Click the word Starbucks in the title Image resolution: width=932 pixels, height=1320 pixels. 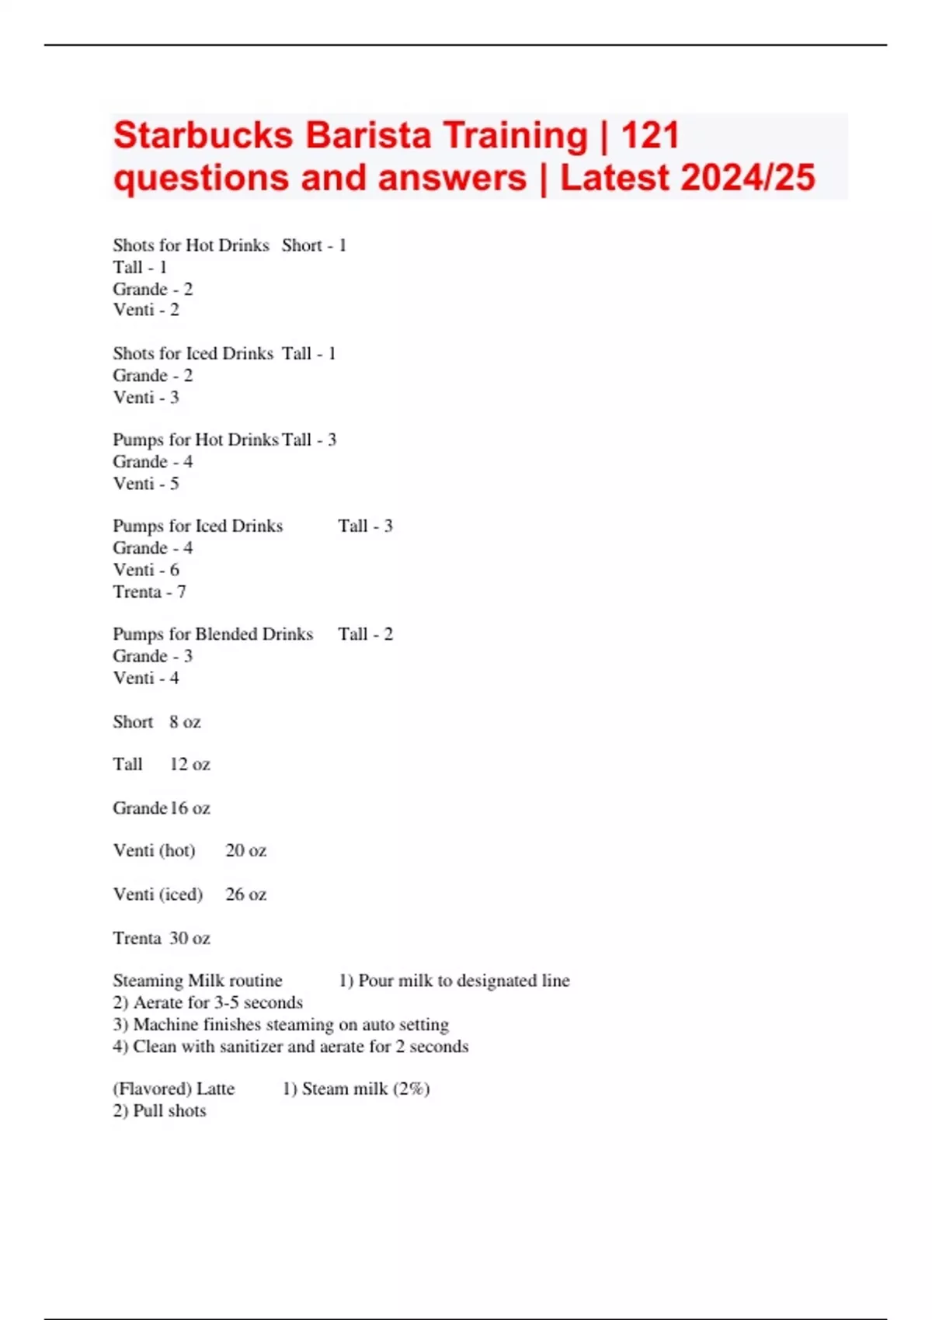203,136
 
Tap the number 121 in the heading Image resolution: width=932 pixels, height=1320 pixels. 650,136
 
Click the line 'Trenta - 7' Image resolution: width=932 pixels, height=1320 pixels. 149,592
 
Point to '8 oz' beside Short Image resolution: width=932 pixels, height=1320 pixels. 185,722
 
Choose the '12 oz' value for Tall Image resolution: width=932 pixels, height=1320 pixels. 190,765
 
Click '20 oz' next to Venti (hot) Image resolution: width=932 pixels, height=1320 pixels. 245,851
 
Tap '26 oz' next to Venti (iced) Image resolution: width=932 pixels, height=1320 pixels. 245,894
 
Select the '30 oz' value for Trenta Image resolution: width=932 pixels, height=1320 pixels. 190,938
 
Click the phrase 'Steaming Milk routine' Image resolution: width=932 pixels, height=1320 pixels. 197,981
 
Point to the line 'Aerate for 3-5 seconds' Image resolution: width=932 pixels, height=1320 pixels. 217,1002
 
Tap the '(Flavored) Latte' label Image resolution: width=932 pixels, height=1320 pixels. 173,1089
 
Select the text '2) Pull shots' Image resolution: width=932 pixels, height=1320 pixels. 159,1111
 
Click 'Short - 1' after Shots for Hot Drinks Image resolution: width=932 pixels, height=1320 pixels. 314,245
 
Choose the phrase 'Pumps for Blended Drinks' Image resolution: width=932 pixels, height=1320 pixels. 213,634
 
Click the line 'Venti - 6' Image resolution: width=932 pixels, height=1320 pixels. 146,570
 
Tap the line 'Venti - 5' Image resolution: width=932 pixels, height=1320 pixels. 146,484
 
